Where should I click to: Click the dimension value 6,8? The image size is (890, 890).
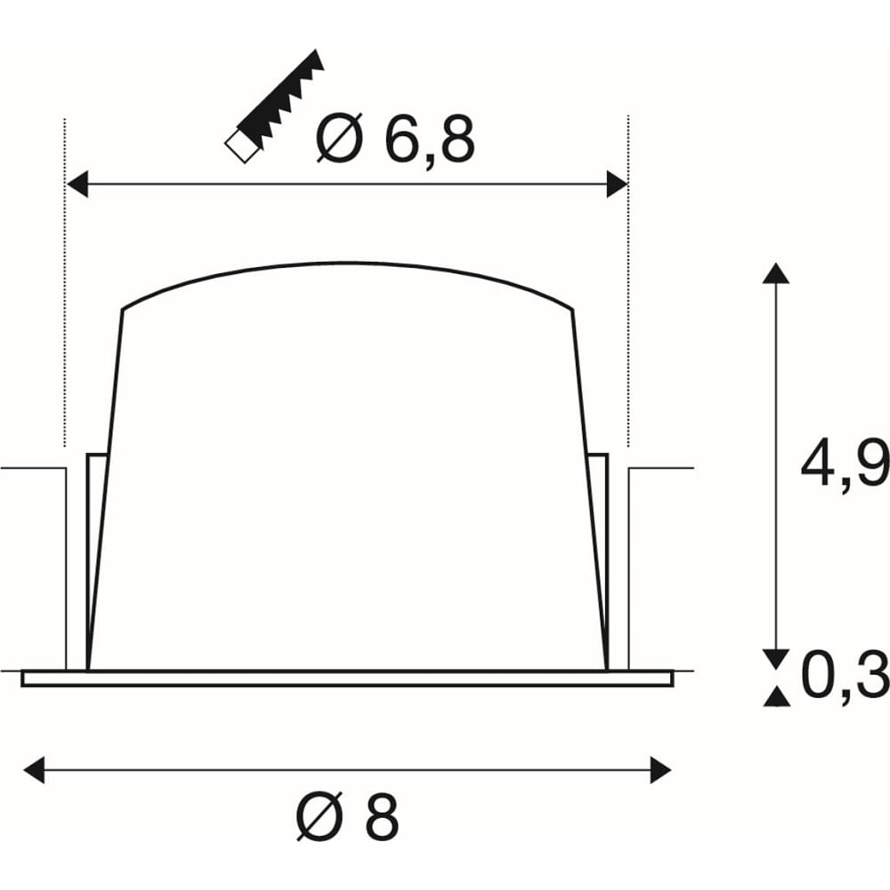[x=429, y=140]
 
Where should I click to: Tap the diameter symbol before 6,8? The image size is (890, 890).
[x=339, y=140]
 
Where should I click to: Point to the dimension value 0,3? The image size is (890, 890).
[x=845, y=676]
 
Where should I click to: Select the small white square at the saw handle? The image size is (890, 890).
[x=243, y=147]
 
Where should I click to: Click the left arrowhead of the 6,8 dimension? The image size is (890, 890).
[x=77, y=183]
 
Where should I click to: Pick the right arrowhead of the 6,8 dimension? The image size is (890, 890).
[x=617, y=183]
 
